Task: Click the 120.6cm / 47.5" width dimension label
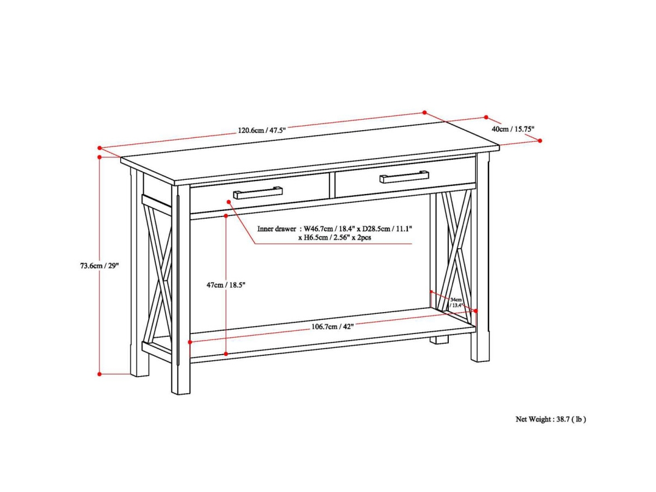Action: pos(261,131)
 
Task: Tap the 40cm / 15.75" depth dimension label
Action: pos(513,129)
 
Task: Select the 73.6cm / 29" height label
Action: pos(99,266)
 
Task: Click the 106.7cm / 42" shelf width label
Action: pos(332,326)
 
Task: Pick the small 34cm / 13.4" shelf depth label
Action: pos(456,303)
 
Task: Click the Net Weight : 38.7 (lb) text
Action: pos(550,419)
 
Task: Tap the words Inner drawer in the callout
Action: pos(277,229)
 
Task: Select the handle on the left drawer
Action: pos(257,193)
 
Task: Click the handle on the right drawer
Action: pos(405,177)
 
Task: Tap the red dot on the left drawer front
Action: pos(229,202)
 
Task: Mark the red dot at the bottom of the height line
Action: pos(99,374)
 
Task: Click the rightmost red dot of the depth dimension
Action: pos(540,140)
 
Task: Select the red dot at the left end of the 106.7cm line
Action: pos(190,342)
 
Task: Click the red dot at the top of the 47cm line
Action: pos(226,216)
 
